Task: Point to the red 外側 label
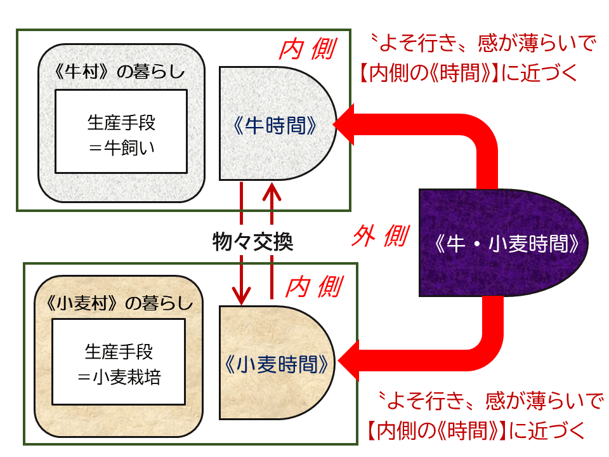pos(379,237)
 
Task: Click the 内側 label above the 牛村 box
pos(308,49)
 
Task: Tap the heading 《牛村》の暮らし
pos(121,71)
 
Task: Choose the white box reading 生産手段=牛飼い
pos(121,131)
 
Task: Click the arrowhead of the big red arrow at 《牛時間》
pos(344,125)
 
